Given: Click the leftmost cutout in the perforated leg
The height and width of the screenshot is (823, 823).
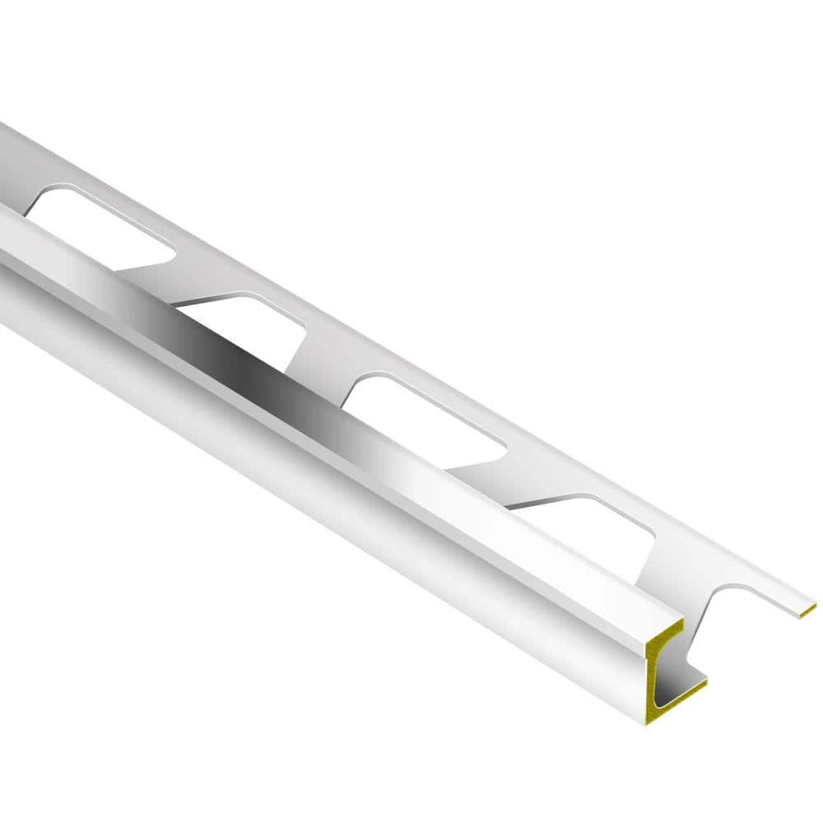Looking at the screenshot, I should [x=99, y=222].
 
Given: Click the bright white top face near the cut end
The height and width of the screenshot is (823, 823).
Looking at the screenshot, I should [x=576, y=568].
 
